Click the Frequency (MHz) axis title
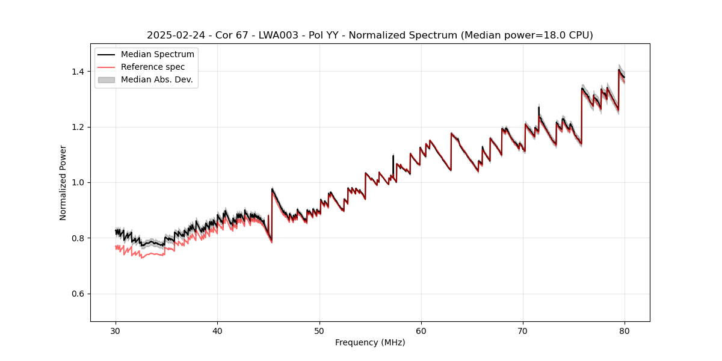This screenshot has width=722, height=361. (x=370, y=342)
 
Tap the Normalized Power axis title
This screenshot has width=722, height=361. (x=63, y=182)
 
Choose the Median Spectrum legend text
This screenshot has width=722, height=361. (x=158, y=55)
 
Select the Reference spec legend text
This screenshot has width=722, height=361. (x=153, y=67)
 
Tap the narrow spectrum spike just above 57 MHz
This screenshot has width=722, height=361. (x=393, y=158)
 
